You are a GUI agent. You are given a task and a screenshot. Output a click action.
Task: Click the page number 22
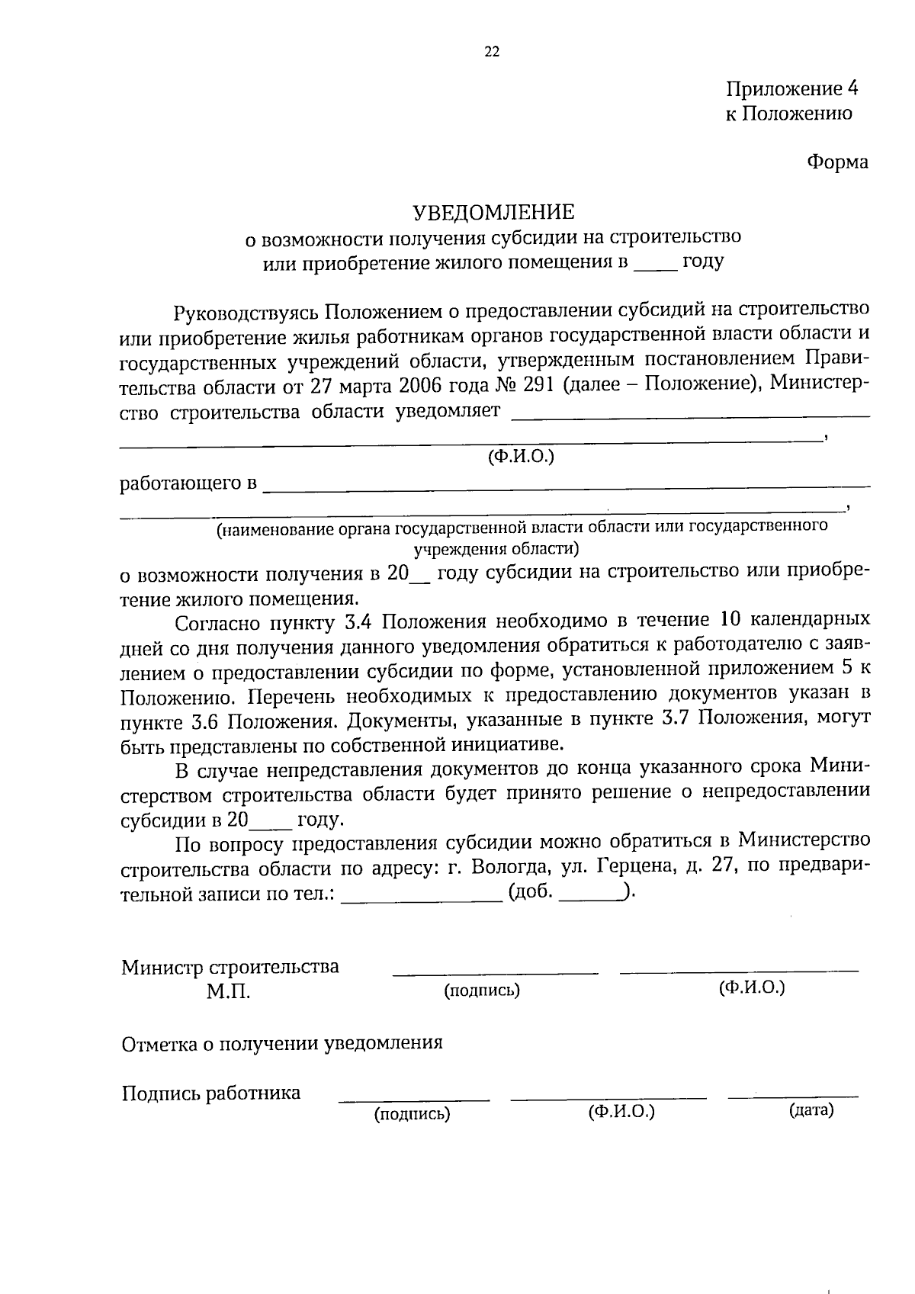point(492,52)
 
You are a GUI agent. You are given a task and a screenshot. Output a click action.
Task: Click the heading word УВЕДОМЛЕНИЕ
point(493,211)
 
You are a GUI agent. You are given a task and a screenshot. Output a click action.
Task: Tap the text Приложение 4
point(791,88)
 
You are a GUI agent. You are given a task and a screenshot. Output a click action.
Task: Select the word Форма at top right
point(837,162)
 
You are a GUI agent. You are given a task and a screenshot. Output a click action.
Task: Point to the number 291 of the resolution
point(541,384)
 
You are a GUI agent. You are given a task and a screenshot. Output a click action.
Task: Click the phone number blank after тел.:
point(422,899)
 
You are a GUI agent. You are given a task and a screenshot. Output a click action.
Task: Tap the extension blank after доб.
point(591,899)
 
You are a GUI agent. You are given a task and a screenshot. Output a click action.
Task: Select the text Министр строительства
point(230,967)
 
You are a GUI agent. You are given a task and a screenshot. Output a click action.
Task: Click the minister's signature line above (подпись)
point(495,972)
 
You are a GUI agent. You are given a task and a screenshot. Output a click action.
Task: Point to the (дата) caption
point(811,1110)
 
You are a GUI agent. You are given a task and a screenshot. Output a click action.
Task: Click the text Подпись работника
point(211,1093)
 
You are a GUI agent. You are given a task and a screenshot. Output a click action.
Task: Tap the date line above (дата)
point(793,1097)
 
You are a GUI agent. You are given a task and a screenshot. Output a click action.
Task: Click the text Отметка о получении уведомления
point(282,1043)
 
